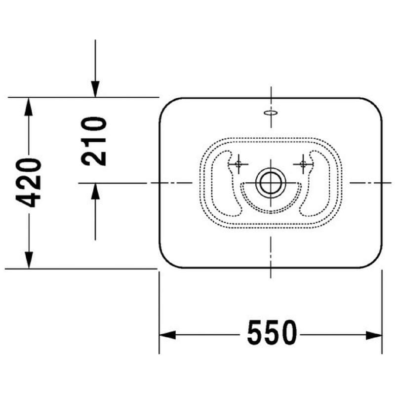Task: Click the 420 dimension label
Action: click(x=28, y=183)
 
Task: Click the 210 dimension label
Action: click(x=94, y=141)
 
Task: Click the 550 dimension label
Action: click(x=272, y=332)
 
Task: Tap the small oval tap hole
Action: click(x=271, y=113)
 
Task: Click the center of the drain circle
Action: click(x=271, y=183)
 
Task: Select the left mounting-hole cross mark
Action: click(x=238, y=164)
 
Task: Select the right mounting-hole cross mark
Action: click(x=303, y=164)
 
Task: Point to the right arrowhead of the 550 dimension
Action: click(x=374, y=335)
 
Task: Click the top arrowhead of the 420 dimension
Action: click(x=29, y=106)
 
